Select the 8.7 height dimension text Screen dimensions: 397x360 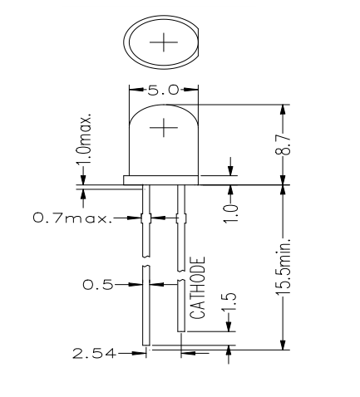click(x=285, y=146)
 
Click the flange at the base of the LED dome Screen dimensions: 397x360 click(x=162, y=179)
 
